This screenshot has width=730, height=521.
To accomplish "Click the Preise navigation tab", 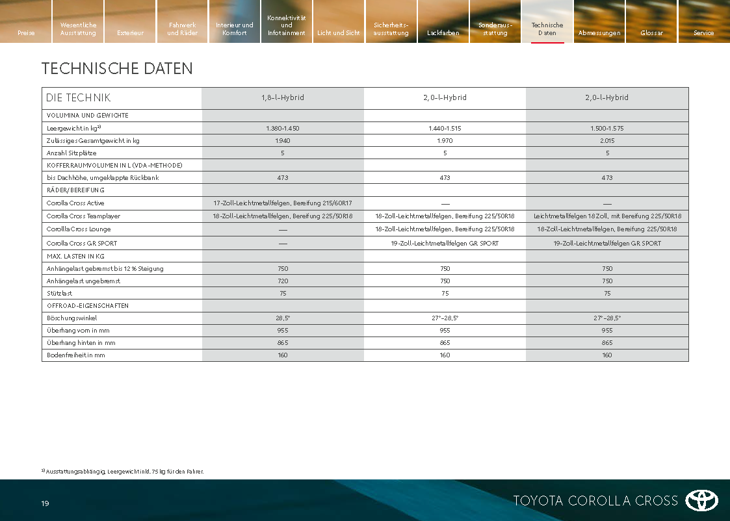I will tap(26, 32).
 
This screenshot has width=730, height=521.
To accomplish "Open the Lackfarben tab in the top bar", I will tap(443, 32).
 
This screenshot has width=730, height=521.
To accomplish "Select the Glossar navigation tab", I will tap(651, 32).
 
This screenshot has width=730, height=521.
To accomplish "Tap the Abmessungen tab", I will tap(599, 32).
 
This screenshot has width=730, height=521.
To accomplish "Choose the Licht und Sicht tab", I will tap(338, 32).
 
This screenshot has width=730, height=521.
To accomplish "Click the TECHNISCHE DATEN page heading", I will tap(117, 68).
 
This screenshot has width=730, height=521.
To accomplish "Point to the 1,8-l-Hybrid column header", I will tap(283, 97).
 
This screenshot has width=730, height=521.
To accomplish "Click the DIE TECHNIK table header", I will tap(78, 97).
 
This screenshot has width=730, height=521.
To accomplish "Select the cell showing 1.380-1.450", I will tap(283, 129).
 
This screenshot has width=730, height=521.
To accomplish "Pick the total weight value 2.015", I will tap(607, 140).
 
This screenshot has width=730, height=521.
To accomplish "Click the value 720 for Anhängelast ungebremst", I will tap(283, 281).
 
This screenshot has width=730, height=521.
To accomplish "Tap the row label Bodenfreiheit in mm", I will tap(75, 355).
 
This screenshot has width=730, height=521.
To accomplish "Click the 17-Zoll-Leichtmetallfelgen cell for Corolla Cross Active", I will tap(283, 203).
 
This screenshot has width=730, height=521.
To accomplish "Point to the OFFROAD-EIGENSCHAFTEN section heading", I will tap(87, 305).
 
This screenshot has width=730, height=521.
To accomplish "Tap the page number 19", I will tap(45, 503).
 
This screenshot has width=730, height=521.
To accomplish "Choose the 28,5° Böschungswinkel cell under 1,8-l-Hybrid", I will tap(283, 318).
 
